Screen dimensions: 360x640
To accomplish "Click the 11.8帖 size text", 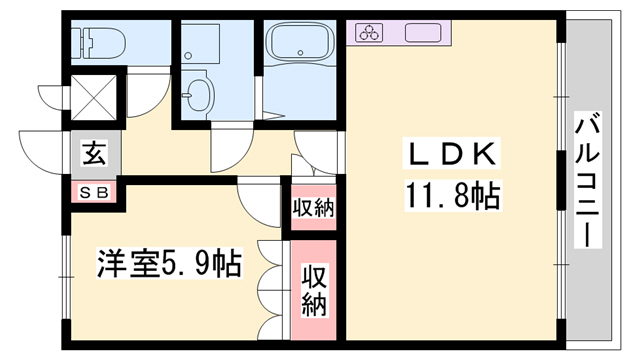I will point(451,193).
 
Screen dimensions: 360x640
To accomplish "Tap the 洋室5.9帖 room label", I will point(168,264).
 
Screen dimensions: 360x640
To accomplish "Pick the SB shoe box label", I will point(94,191).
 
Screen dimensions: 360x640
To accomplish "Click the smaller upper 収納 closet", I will point(313,208).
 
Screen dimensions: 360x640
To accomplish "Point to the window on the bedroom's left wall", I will point(64,265).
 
